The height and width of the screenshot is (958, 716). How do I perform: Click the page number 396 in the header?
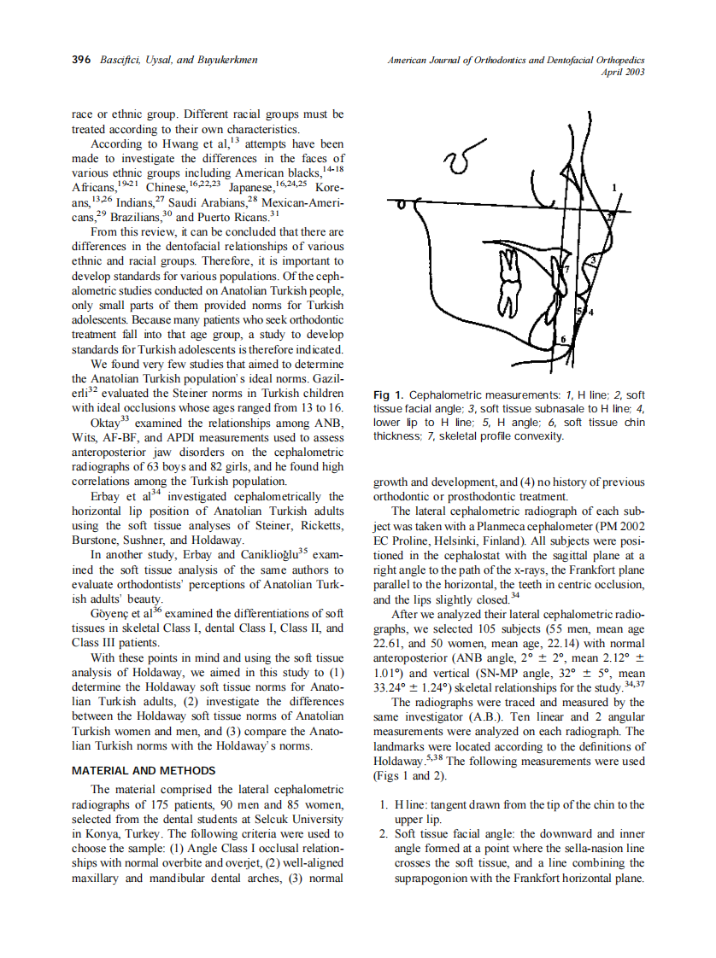(81, 60)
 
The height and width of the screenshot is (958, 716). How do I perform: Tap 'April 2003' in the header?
(622, 72)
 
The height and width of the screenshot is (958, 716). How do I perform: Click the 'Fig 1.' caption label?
(389, 395)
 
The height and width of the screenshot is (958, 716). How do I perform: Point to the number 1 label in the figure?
(614, 187)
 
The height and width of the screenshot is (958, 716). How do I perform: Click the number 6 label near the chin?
(562, 339)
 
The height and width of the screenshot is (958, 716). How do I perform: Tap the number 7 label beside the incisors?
(565, 269)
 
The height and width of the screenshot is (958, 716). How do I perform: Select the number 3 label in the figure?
(592, 259)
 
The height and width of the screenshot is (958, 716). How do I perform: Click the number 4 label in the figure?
(590, 313)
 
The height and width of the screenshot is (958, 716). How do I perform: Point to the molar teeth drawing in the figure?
(510, 282)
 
